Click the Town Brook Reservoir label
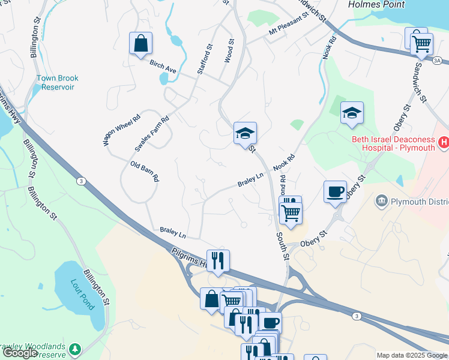point(58,82)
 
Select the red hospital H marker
point(444,142)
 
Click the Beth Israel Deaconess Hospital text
point(393,144)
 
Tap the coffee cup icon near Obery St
point(336,192)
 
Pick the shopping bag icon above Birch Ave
point(140,43)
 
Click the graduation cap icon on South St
point(246,133)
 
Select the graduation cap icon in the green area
point(352,113)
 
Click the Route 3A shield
point(437,61)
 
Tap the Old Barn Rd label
point(145,171)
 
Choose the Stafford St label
point(205,59)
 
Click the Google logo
point(20,353)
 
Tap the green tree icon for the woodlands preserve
point(74,349)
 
